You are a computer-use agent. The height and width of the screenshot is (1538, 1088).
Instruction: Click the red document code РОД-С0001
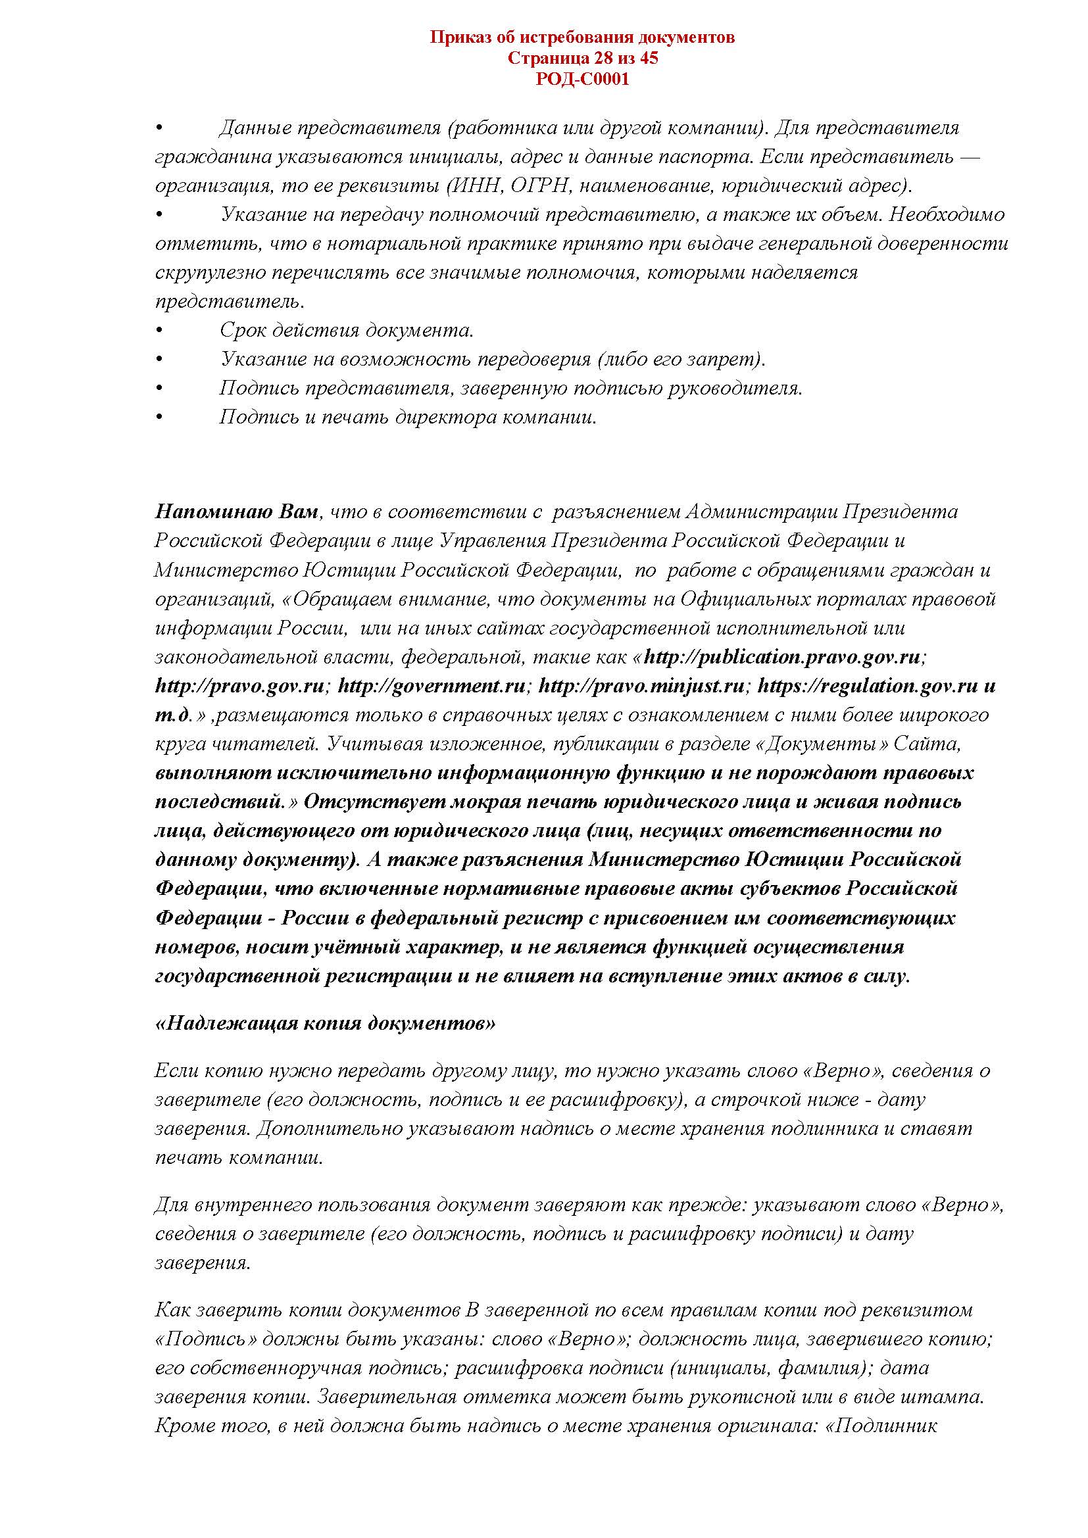pos(582,80)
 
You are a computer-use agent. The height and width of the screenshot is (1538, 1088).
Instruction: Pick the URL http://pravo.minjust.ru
pos(641,686)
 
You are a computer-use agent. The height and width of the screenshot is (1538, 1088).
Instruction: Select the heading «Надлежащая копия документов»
pos(325,1023)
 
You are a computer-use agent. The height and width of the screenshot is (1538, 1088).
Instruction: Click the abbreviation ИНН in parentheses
pos(478,185)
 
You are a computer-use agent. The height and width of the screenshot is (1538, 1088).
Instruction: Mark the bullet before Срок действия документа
pos(159,330)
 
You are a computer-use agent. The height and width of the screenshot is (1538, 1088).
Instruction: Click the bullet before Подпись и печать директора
pos(159,418)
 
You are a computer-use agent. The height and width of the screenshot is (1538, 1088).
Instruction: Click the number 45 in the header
pos(649,59)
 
